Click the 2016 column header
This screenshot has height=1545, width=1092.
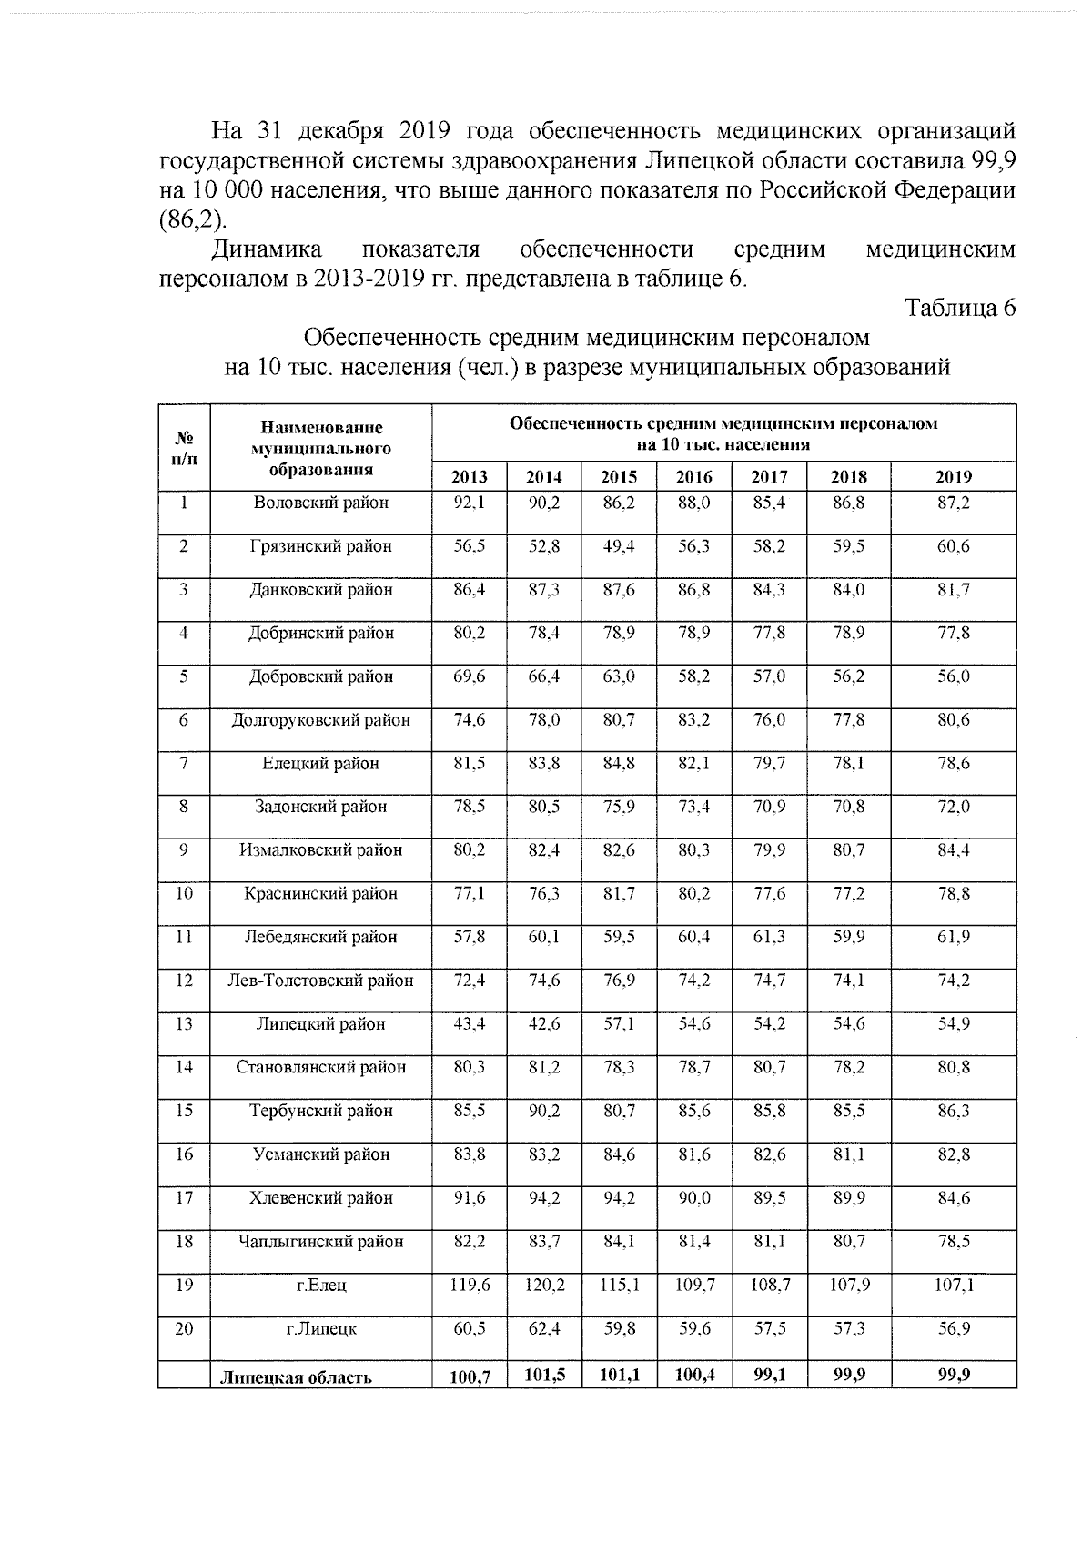coord(693,476)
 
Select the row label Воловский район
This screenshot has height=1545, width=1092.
coord(320,503)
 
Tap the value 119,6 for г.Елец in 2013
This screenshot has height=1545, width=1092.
coord(470,1285)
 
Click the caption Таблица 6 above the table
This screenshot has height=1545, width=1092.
coord(959,309)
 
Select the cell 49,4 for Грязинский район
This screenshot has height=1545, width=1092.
coord(619,546)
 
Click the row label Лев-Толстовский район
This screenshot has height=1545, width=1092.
coord(320,981)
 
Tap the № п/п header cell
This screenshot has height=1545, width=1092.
coord(184,447)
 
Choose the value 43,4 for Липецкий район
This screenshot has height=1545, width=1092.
coord(470,1023)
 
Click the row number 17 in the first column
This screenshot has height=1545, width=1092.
coord(184,1197)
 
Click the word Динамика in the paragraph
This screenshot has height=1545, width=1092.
coord(266,249)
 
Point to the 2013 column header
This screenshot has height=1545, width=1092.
coord(470,476)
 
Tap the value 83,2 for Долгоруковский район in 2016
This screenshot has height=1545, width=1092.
coord(693,719)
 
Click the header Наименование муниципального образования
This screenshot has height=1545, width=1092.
coord(320,448)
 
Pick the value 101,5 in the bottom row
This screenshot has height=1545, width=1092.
coord(544,1375)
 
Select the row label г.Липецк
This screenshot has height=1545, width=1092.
coord(320,1328)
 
